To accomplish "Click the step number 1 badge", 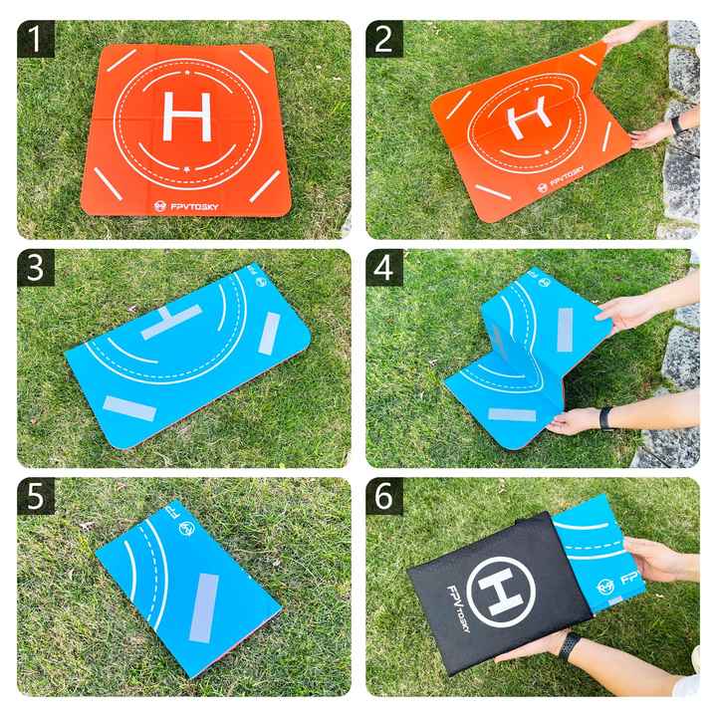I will click(x=36, y=40).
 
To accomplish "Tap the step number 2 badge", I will click(x=384, y=40).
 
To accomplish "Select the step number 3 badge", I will click(x=36, y=269).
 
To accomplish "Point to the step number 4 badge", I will click(x=384, y=269).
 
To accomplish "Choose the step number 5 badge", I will click(x=36, y=497).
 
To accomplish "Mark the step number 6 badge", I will click(x=384, y=497).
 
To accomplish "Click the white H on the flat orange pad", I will click(x=186, y=116).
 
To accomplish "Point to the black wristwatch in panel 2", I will click(x=677, y=124).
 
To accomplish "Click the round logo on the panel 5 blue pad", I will click(x=185, y=534).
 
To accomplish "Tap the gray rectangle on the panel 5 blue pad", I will click(x=203, y=606).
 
